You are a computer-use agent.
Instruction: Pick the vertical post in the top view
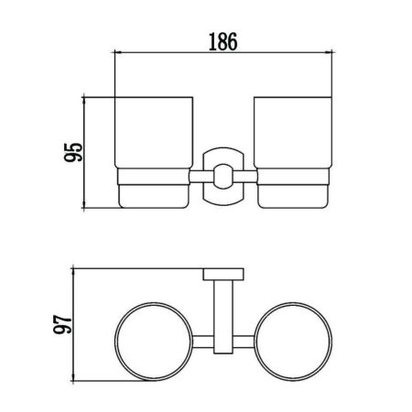pyautogui.click(x=223, y=307)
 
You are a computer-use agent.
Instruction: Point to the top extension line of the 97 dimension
pyautogui.click(x=137, y=267)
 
